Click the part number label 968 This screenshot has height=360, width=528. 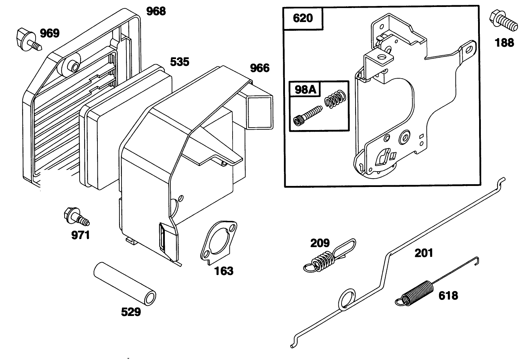pyautogui.click(x=156, y=11)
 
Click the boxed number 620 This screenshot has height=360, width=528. pyautogui.click(x=303, y=18)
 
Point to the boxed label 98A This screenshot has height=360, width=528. pyautogui.click(x=305, y=90)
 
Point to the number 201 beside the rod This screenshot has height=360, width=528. pyautogui.click(x=424, y=253)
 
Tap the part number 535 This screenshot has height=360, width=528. pyautogui.click(x=179, y=62)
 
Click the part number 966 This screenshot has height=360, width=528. pyautogui.click(x=260, y=68)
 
